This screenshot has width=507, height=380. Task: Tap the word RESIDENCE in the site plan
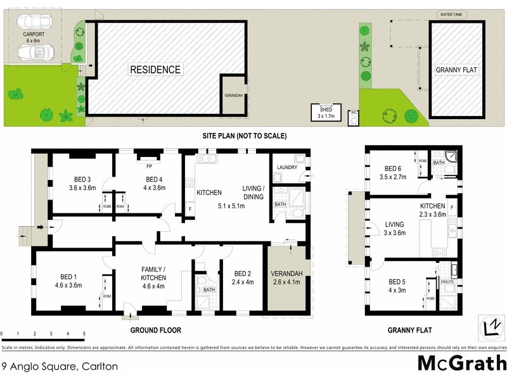click(x=155, y=70)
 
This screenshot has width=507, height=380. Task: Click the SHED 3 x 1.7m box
click(x=326, y=113)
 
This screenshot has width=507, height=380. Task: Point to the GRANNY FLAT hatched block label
click(x=456, y=70)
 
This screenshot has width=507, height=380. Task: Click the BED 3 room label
click(x=82, y=183)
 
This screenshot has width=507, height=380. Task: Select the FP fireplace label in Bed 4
click(x=148, y=167)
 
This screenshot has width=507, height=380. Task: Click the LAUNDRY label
click(x=287, y=167)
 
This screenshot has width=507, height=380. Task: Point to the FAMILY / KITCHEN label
click(x=153, y=274)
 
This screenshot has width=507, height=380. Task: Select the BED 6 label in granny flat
click(x=398, y=172)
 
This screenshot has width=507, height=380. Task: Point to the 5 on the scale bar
click(x=84, y=334)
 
